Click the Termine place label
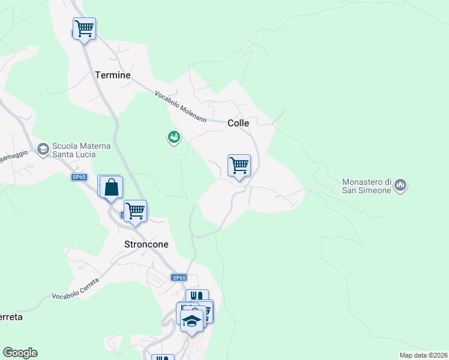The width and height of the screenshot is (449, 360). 113,75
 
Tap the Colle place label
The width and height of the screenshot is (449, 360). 238,123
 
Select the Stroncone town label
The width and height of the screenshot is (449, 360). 146,245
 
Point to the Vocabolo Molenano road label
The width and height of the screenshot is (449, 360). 180,107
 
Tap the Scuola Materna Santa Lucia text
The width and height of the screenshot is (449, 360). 77,150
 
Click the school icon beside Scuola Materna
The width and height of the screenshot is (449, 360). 43,148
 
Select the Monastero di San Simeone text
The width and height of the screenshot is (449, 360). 366,186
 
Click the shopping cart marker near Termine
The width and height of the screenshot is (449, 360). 84,28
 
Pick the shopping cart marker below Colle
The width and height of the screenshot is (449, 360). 239,165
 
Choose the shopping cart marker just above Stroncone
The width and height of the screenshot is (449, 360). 136,211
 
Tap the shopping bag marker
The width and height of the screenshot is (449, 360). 112,188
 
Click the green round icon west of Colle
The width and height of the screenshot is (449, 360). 173,138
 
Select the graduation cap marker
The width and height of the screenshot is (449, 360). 191,321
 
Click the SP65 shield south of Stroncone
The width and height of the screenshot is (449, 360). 179,278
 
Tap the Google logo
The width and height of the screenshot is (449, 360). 20,353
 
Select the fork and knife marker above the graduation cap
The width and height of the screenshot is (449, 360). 196,296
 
